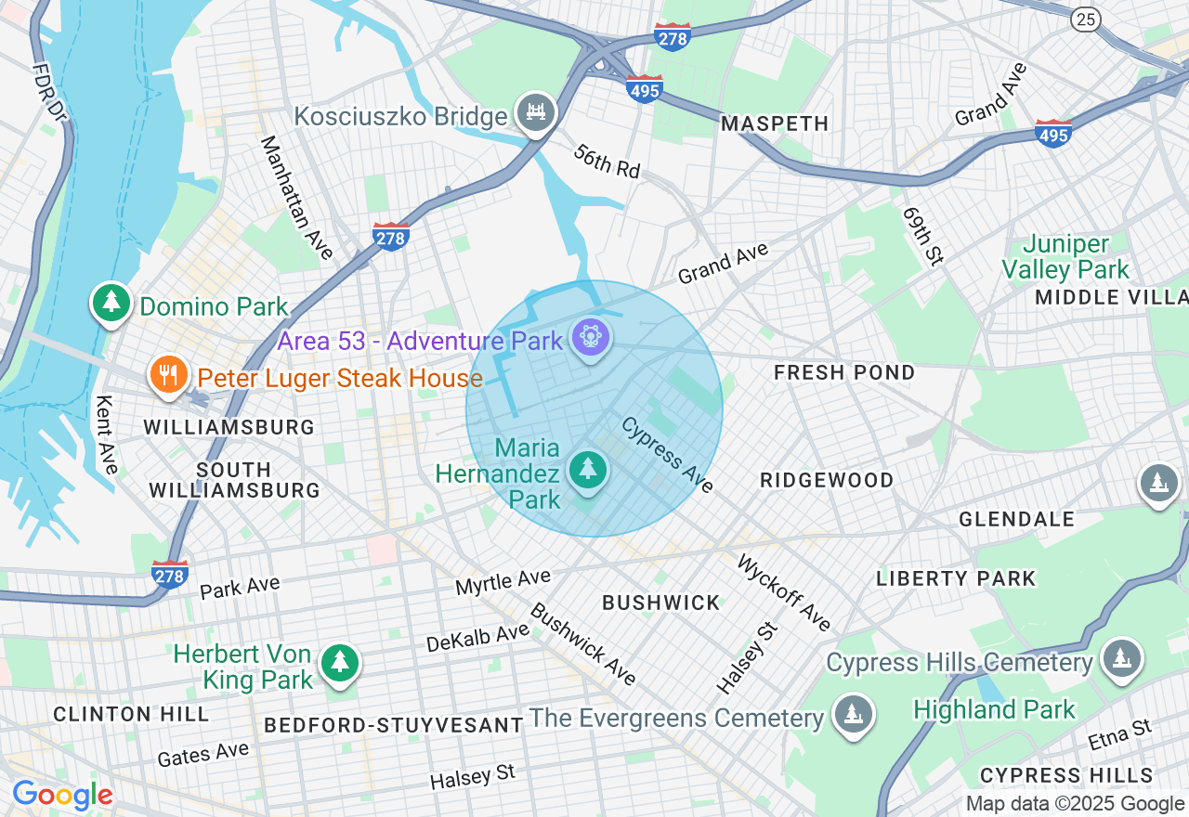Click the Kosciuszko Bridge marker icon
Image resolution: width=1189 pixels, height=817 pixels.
(535, 112)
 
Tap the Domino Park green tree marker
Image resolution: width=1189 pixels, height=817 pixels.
(111, 303)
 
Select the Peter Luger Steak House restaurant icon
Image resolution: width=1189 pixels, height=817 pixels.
(168, 375)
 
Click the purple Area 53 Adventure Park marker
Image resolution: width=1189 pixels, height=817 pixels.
(591, 336)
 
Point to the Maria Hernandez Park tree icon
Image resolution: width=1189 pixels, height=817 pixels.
(588, 469)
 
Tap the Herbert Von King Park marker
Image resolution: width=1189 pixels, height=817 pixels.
(340, 663)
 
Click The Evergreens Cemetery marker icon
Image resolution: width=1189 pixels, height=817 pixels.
(852, 715)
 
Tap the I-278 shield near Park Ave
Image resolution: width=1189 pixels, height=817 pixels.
(170, 575)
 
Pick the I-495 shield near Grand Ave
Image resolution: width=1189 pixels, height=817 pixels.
(1052, 134)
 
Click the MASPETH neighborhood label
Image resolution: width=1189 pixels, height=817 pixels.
(775, 123)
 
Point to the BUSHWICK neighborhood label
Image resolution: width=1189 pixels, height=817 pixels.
(661, 603)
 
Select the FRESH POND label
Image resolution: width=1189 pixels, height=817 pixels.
(845, 372)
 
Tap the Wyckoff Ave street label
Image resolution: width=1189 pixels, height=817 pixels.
(784, 591)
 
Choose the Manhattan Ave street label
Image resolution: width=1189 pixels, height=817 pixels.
(296, 197)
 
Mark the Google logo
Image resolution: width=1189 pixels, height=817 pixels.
(62, 796)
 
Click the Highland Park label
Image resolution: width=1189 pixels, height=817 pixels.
(994, 710)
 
